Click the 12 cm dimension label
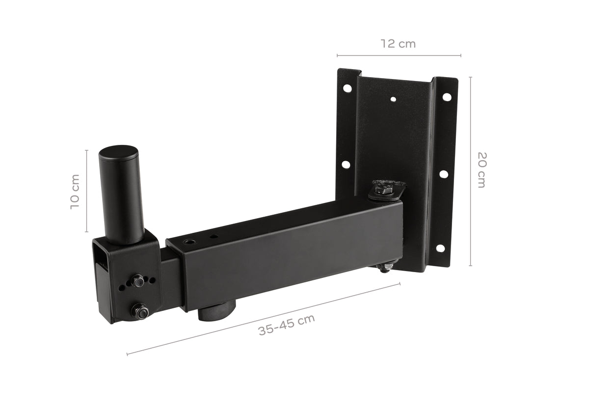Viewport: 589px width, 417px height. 399,44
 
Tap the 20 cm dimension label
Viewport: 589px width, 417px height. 482,170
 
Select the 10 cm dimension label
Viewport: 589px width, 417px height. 75,192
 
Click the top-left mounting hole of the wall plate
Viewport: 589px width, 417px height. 348,88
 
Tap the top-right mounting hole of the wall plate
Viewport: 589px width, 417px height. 447,97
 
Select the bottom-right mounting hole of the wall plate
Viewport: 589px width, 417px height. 440,248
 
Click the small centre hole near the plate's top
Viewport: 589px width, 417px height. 393,99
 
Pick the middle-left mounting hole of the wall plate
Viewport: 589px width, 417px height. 346,165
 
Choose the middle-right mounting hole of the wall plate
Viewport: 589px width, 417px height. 444,174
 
